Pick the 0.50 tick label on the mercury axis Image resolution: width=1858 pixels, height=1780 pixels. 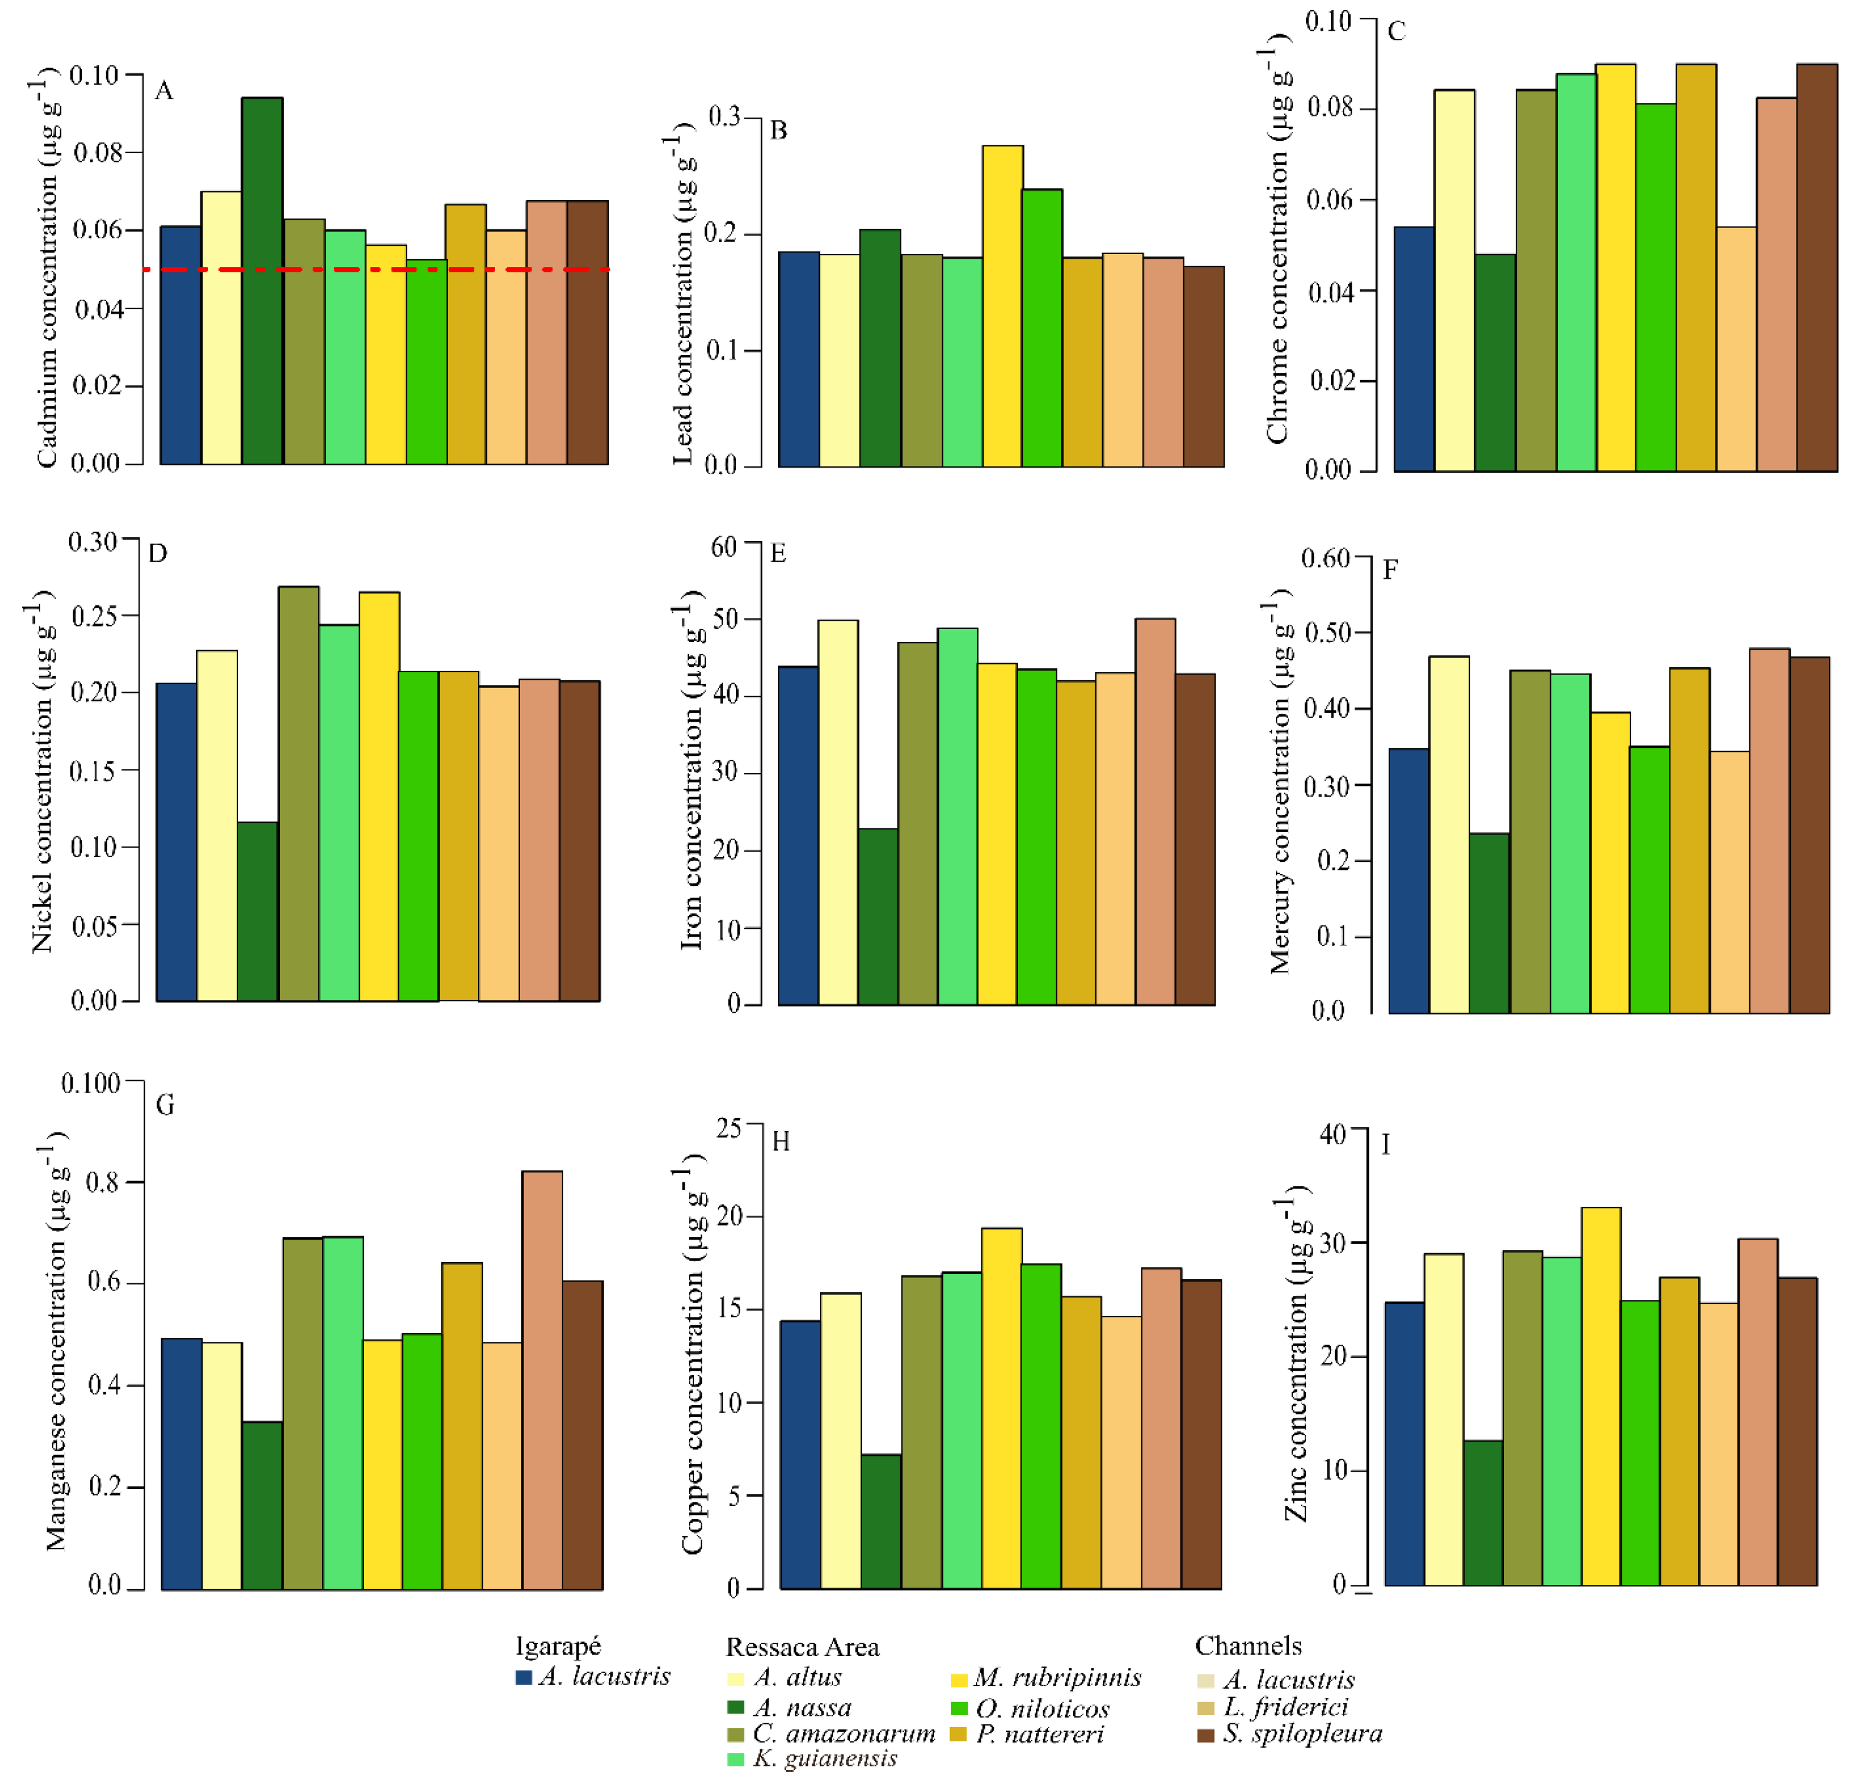[1326, 633]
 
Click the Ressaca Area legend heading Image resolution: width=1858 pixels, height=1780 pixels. [802, 1647]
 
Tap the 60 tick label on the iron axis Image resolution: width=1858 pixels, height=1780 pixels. [723, 547]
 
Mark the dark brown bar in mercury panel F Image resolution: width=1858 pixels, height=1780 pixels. [1809, 834]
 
